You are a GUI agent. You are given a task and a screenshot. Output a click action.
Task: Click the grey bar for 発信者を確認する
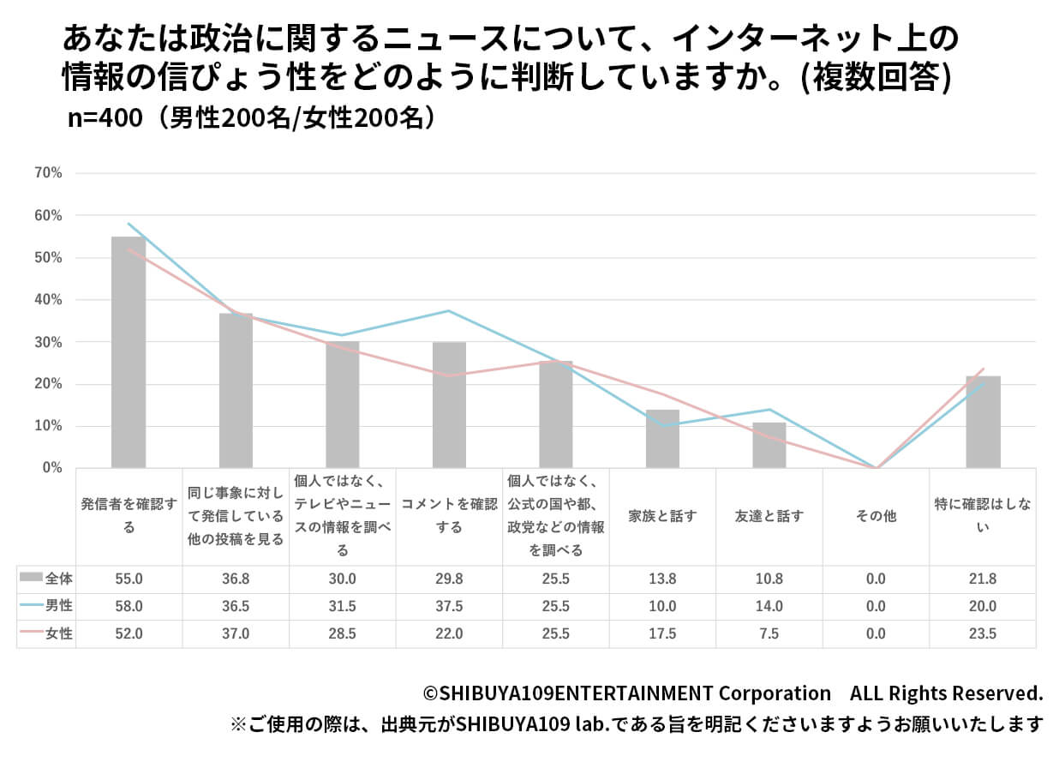coord(129,351)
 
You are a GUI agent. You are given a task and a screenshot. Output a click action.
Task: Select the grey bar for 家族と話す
coord(662,439)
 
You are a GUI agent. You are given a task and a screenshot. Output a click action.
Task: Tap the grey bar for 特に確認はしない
coord(983,422)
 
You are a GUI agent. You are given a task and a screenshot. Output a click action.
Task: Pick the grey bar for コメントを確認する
coord(449,405)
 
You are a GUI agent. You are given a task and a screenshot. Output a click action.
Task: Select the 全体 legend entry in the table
coord(46,579)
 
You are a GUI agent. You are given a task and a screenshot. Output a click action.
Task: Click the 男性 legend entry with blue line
coord(46,606)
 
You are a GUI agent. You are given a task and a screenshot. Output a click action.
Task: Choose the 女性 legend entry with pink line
coord(46,634)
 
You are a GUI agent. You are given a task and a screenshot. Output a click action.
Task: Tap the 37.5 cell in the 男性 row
coord(449,606)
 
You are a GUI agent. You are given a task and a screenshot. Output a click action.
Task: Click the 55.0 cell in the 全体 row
coord(129,579)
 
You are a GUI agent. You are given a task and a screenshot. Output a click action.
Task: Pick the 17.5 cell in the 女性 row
coord(662,634)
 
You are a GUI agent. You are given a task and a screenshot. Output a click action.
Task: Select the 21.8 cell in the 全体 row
coord(983,579)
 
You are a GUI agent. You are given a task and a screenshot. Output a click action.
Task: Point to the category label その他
coord(876,516)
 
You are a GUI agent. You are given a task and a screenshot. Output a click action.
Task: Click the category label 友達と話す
coord(769,516)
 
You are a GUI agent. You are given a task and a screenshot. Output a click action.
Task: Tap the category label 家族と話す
coord(662,516)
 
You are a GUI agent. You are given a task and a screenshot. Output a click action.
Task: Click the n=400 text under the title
coord(105,119)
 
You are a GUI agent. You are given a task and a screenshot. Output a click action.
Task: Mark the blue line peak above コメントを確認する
coord(449,310)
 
